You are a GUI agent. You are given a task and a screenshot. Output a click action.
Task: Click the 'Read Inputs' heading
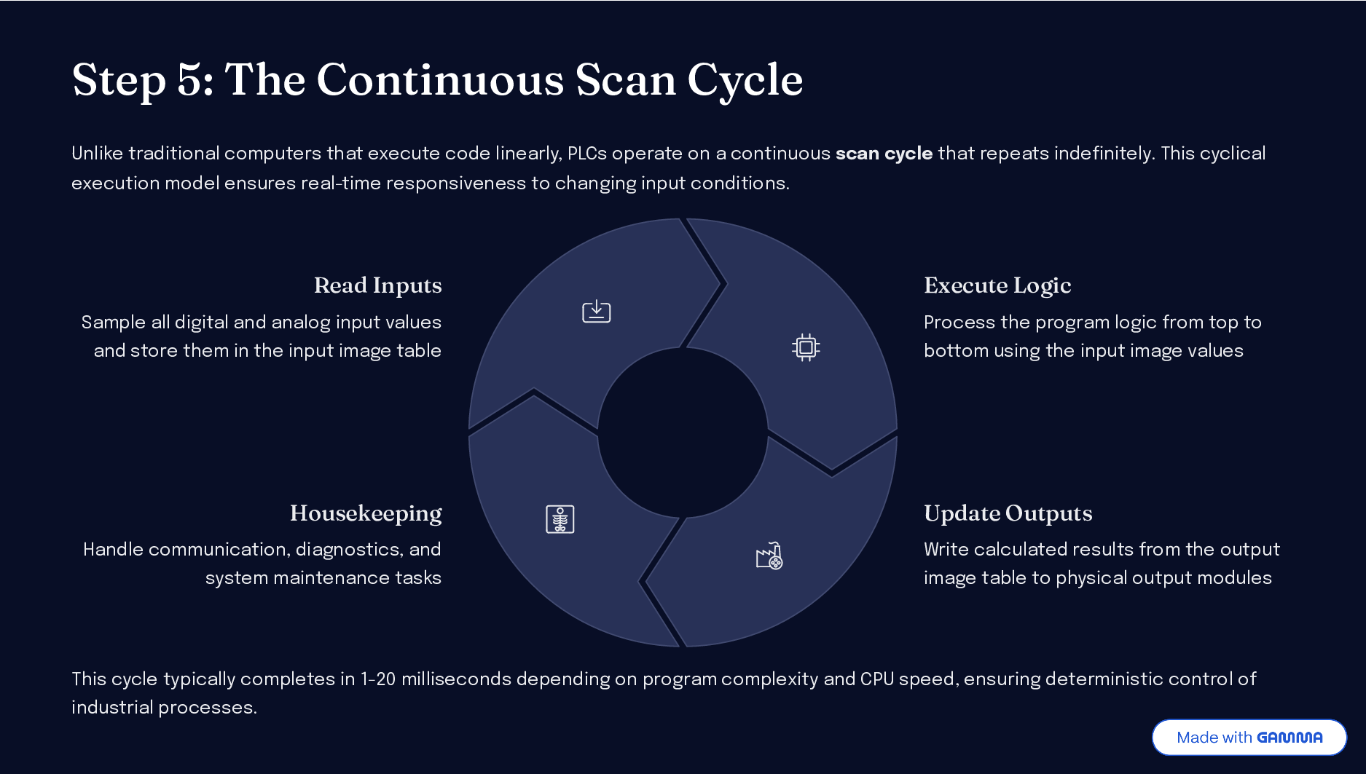click(x=377, y=285)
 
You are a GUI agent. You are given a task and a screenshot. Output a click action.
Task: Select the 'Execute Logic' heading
click(x=997, y=285)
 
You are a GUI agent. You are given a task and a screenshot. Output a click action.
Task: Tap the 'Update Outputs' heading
click(x=1008, y=513)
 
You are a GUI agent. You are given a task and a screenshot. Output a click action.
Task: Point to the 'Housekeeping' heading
click(x=366, y=513)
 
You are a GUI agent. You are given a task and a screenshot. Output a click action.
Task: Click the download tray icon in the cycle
click(x=596, y=311)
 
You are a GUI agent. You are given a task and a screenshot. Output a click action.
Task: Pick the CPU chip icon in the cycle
click(x=806, y=347)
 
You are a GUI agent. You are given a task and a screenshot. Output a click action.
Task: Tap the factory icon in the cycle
click(x=769, y=556)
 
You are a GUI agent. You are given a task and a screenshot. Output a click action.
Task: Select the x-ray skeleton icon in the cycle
click(x=560, y=519)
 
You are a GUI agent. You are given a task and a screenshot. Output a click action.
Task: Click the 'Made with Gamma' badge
click(x=1249, y=737)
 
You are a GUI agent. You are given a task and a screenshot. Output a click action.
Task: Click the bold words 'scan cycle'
click(x=884, y=153)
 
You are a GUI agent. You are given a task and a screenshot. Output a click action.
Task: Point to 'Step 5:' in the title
click(x=143, y=80)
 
